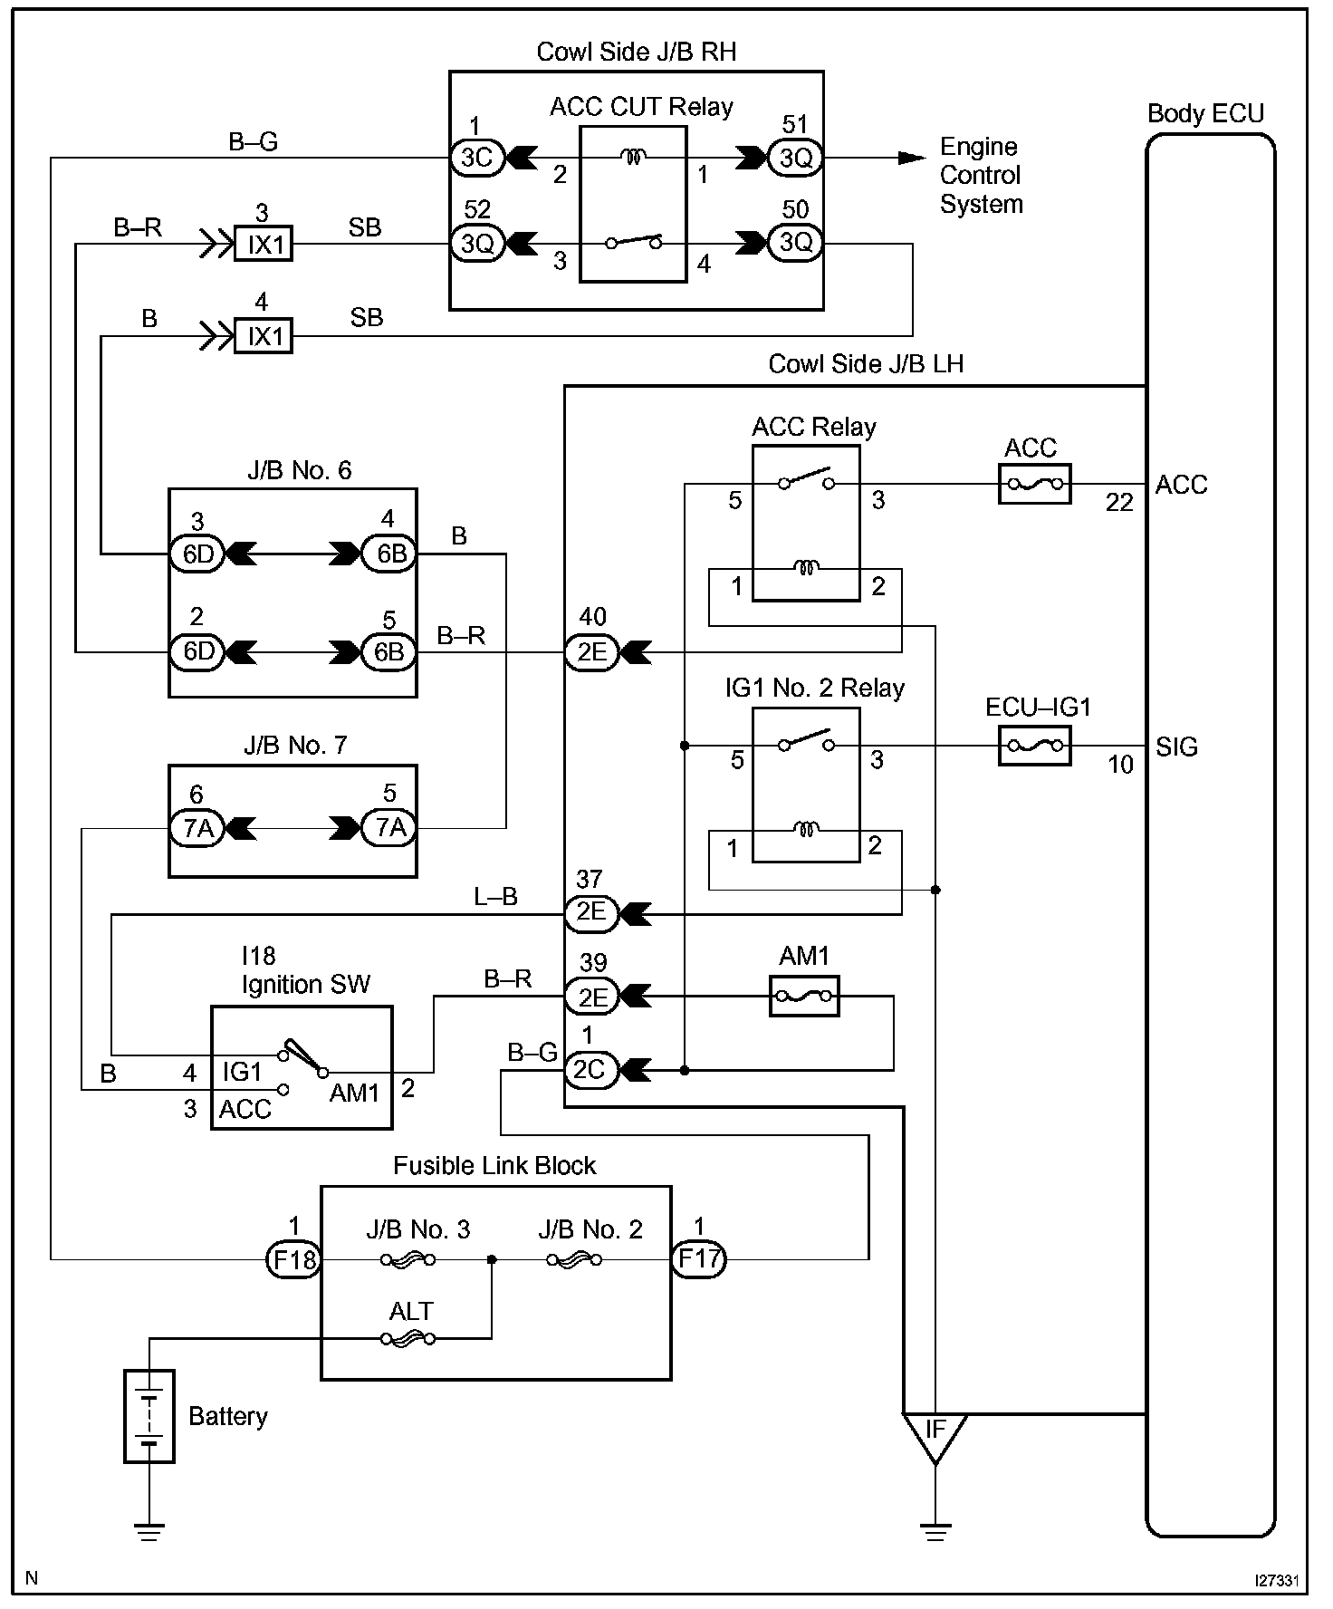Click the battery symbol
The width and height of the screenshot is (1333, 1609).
point(149,1416)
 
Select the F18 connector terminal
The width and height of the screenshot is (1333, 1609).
point(293,1259)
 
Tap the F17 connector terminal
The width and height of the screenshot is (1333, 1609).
point(699,1259)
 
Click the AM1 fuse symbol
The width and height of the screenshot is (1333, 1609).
point(804,997)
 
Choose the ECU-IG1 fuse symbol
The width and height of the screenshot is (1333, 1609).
point(1034,747)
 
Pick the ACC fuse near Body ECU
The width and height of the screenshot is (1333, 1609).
point(1034,485)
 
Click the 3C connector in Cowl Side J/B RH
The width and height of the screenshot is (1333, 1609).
point(476,158)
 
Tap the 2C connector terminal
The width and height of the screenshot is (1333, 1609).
point(590,1070)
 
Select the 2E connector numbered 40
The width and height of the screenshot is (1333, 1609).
point(591,652)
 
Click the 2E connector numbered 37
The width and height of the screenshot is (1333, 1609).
point(590,912)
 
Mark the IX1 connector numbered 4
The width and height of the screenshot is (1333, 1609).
point(264,336)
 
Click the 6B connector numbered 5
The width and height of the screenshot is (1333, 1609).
point(389,652)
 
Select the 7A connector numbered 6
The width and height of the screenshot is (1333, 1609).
point(197,828)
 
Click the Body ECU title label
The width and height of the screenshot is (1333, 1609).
point(1205,114)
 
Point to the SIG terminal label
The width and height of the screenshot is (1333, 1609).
point(1176,747)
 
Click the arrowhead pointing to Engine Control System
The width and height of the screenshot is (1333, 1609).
point(910,158)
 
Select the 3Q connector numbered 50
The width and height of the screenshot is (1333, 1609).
point(795,242)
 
